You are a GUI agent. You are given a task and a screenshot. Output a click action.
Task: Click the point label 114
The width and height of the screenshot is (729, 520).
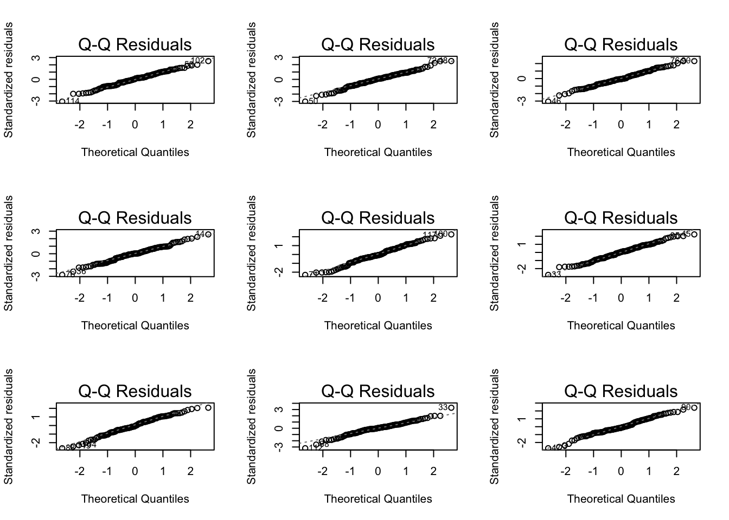click(x=73, y=101)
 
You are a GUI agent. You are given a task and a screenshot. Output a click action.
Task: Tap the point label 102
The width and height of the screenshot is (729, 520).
click(x=198, y=60)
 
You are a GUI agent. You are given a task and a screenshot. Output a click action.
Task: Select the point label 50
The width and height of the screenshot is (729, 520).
click(x=313, y=101)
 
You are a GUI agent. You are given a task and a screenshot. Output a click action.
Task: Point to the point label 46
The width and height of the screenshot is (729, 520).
click(x=555, y=101)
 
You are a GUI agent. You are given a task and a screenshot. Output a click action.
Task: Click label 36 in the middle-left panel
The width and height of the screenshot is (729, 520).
click(x=80, y=271)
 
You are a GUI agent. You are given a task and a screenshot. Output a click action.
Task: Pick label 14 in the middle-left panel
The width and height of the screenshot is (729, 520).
click(x=200, y=234)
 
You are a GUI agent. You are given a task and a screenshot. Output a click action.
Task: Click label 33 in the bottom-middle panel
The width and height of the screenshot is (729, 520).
click(x=443, y=407)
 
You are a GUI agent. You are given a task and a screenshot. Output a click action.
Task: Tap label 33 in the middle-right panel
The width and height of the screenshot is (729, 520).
click(x=556, y=275)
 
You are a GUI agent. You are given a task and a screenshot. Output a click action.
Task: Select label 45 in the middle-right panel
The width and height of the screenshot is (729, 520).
click(x=686, y=234)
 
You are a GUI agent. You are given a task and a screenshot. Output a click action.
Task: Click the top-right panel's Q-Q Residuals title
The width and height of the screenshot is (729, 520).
click(x=621, y=44)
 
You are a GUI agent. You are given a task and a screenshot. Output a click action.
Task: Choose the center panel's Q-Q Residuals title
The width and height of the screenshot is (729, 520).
click(x=378, y=218)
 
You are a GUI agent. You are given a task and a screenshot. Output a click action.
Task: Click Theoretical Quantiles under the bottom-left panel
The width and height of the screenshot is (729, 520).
click(x=135, y=499)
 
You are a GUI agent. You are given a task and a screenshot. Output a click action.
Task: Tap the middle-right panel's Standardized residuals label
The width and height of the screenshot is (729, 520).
click(x=495, y=253)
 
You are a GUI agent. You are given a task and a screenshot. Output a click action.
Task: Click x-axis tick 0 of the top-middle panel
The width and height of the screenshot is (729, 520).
click(x=378, y=125)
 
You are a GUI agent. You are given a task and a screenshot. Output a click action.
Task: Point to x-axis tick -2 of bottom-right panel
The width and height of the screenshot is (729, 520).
click(x=566, y=471)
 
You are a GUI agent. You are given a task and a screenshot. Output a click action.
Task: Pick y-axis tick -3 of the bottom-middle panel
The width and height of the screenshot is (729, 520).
click(x=279, y=447)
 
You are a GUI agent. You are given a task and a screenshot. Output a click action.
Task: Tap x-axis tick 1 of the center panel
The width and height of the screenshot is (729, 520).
click(x=406, y=298)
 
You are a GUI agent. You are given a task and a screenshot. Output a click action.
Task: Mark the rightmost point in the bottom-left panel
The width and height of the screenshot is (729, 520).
click(x=208, y=407)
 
